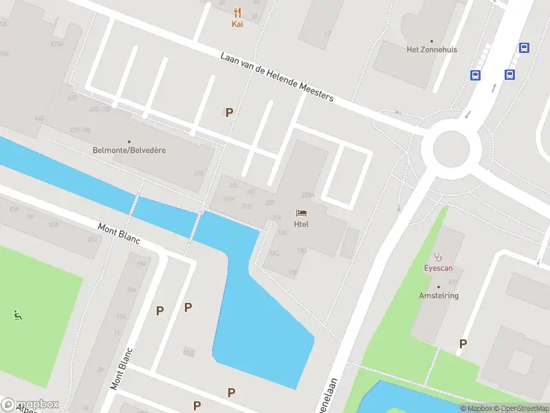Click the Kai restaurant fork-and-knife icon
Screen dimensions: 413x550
(237, 12)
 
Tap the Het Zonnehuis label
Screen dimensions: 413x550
(432, 50)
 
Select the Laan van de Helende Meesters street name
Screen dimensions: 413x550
(277, 77)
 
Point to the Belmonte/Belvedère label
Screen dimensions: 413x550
(129, 150)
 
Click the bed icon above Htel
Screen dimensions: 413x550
(301, 213)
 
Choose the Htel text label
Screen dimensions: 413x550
(301, 224)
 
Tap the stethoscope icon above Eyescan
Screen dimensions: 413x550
(438, 256)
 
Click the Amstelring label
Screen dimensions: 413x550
(439, 295)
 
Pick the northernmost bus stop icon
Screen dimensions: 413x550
(525, 48)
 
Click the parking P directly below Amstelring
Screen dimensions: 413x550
(463, 343)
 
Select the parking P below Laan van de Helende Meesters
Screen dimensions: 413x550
(230, 112)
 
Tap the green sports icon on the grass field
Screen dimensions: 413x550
(17, 315)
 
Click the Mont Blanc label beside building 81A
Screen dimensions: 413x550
(119, 233)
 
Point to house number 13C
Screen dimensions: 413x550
(275, 253)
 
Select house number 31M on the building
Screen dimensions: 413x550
(228, 199)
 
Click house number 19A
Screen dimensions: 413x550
(142, 263)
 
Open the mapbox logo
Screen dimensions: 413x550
(30, 405)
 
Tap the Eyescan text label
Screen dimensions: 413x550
(438, 268)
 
